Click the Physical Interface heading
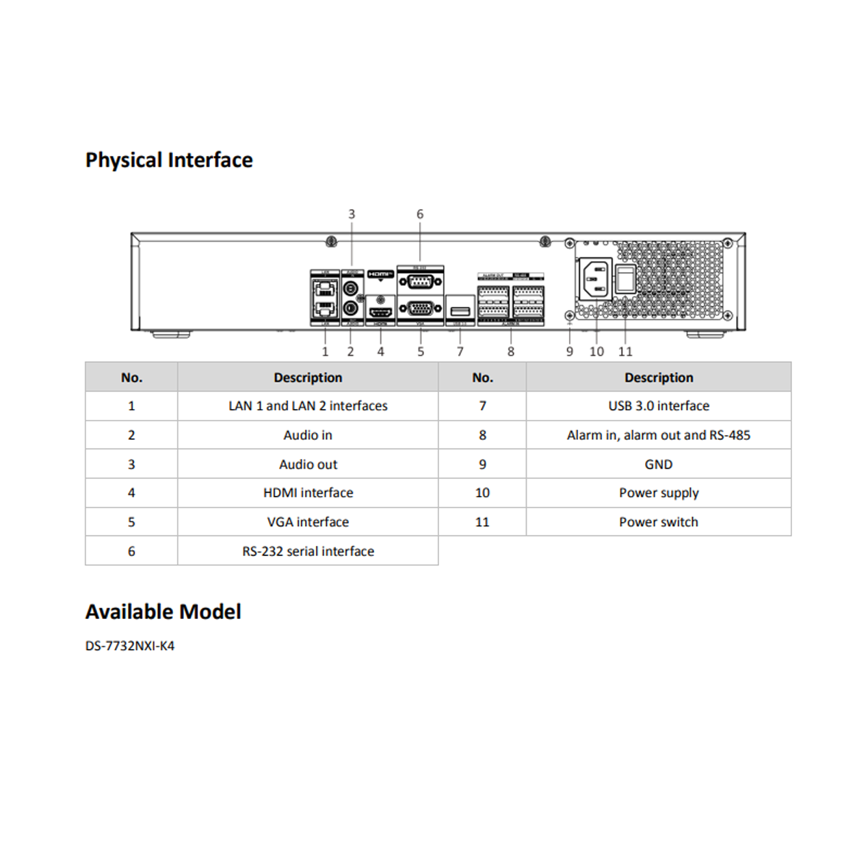click(x=169, y=160)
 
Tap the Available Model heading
click(x=163, y=611)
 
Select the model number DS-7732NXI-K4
click(x=130, y=646)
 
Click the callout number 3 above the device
click(x=352, y=214)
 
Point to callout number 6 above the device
click(x=420, y=214)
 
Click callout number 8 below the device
click(x=511, y=352)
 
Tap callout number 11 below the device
click(x=625, y=352)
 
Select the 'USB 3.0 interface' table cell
click(x=659, y=406)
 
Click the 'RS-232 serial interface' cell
click(x=308, y=551)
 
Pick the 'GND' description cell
click(x=659, y=464)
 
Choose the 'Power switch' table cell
click(x=659, y=522)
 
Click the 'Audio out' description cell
click(x=308, y=464)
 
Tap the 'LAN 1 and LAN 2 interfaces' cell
click(x=308, y=406)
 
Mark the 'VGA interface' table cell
click(x=308, y=522)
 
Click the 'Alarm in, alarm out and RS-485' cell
click(x=659, y=435)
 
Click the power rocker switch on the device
click(x=625, y=278)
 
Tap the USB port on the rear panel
click(x=460, y=312)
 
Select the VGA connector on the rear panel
click(x=420, y=308)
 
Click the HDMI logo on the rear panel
click(x=380, y=274)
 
